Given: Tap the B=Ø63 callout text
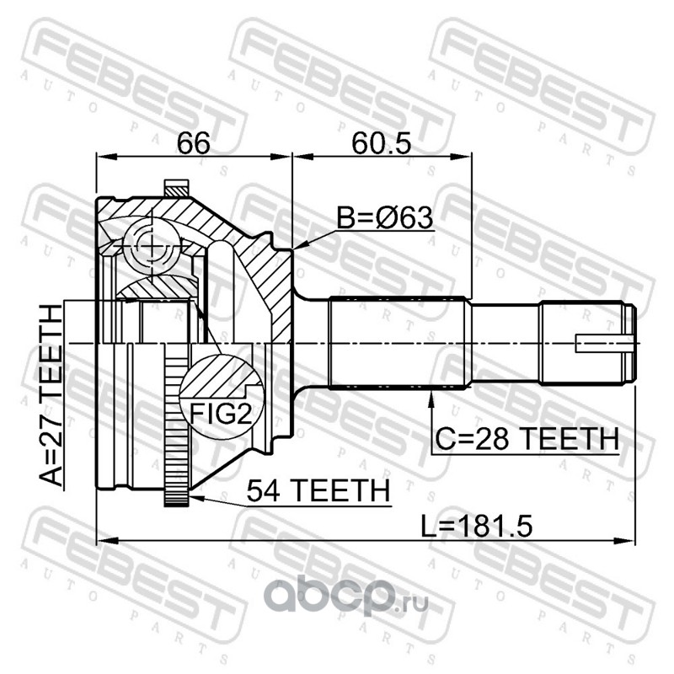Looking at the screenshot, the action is tap(385, 217).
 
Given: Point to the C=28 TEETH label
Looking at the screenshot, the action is tap(527, 438).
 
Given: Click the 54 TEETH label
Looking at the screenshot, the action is tap(318, 490).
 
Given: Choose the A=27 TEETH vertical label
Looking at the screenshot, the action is tap(51, 395).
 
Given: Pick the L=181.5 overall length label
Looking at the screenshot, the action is tap(476, 527).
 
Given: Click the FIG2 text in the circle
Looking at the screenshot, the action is tap(221, 414).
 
